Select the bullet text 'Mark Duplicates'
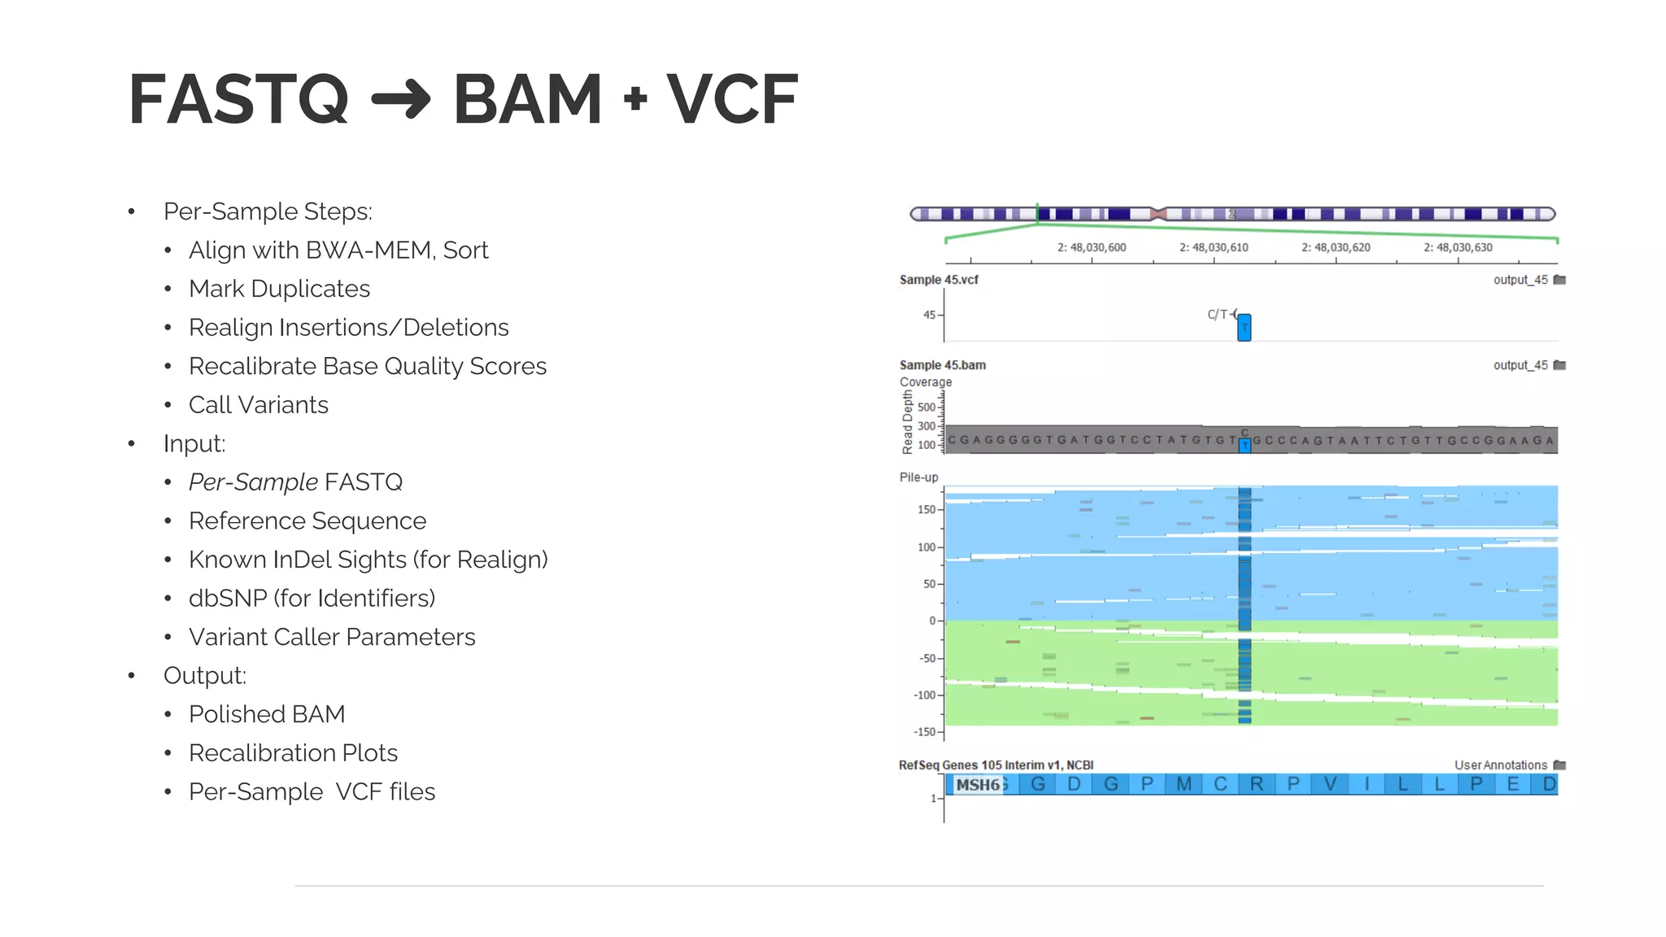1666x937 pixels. [279, 289]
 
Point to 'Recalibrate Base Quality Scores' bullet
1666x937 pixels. [367, 366]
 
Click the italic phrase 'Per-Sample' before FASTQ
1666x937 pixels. [253, 482]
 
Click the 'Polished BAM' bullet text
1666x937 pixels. [267, 714]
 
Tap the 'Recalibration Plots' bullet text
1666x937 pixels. [293, 753]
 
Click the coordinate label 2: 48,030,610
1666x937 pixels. [1214, 247]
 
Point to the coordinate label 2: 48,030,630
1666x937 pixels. [1458, 247]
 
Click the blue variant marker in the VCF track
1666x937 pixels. [1244, 328]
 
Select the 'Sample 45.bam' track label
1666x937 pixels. [942, 365]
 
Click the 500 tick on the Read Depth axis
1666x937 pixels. [926, 407]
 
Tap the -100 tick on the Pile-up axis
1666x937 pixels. [924, 695]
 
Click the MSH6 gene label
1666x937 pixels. [978, 785]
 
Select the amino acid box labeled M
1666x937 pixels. [1184, 784]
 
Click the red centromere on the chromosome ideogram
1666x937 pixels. [1159, 214]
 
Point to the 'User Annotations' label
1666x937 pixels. [1500, 765]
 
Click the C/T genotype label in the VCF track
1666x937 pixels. [1217, 315]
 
